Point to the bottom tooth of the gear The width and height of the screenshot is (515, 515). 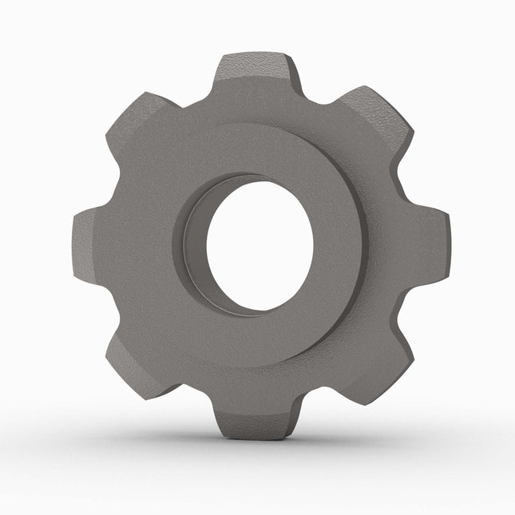pos(252,415)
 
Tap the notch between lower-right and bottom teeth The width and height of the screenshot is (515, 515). pos(319,391)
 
